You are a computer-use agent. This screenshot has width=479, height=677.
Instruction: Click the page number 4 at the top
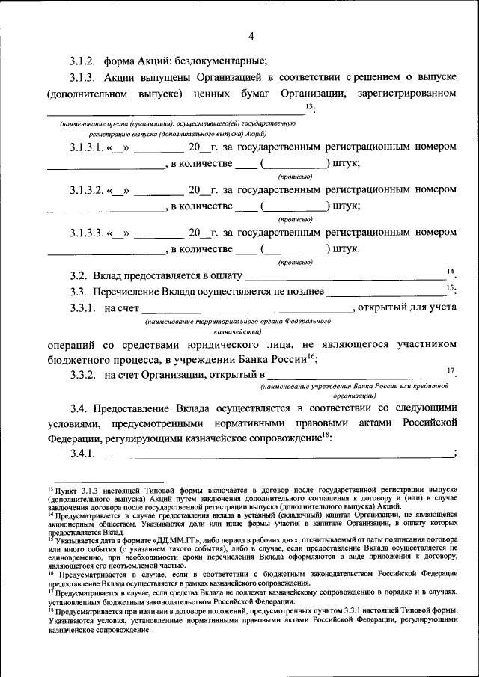251,36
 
